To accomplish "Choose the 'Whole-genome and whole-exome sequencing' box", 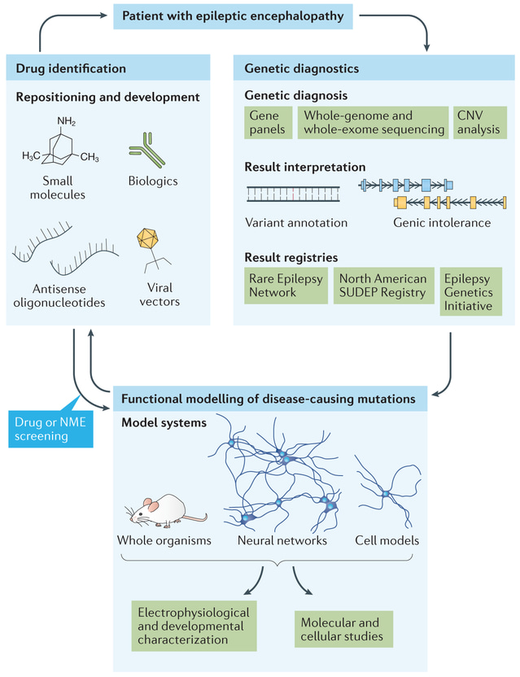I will [374, 123].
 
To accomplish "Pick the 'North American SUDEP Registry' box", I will [382, 286].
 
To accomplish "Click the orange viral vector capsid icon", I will [147, 238].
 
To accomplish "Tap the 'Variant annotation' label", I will [296, 222].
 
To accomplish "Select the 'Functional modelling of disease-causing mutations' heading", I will [269, 400].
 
